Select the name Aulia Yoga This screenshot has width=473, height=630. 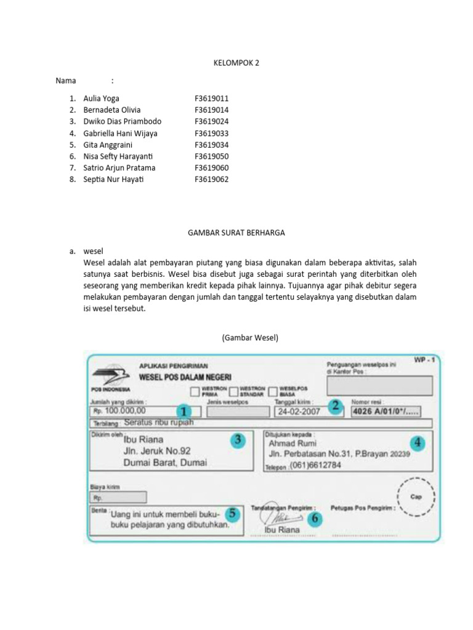coord(102,98)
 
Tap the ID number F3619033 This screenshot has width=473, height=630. coord(212,133)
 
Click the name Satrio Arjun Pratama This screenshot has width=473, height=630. coord(119,167)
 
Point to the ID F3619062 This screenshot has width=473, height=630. coord(212,179)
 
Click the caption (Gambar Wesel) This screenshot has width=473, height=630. coord(250,337)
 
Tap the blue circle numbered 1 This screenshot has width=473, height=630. coord(183,411)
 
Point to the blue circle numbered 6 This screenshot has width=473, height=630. coord(314,519)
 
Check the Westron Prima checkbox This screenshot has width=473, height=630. coord(195,392)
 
